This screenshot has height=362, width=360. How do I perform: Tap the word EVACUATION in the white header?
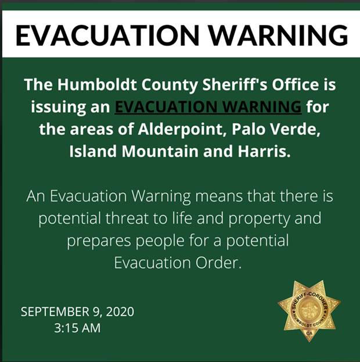(107, 35)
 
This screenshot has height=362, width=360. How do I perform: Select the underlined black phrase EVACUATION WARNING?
(208, 107)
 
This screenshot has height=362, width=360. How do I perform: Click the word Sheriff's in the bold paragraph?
(235, 84)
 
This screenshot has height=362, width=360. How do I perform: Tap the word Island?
(93, 151)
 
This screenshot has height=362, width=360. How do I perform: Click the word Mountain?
(160, 151)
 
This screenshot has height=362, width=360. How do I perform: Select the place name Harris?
(264, 151)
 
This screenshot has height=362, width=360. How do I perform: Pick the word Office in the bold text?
(296, 84)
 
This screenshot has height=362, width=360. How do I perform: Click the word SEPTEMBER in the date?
(55, 311)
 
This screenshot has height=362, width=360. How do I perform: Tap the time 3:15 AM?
(77, 328)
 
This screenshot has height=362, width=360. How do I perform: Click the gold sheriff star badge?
(309, 310)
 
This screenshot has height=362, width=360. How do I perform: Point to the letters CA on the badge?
(309, 333)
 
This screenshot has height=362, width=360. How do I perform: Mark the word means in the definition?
(219, 196)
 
